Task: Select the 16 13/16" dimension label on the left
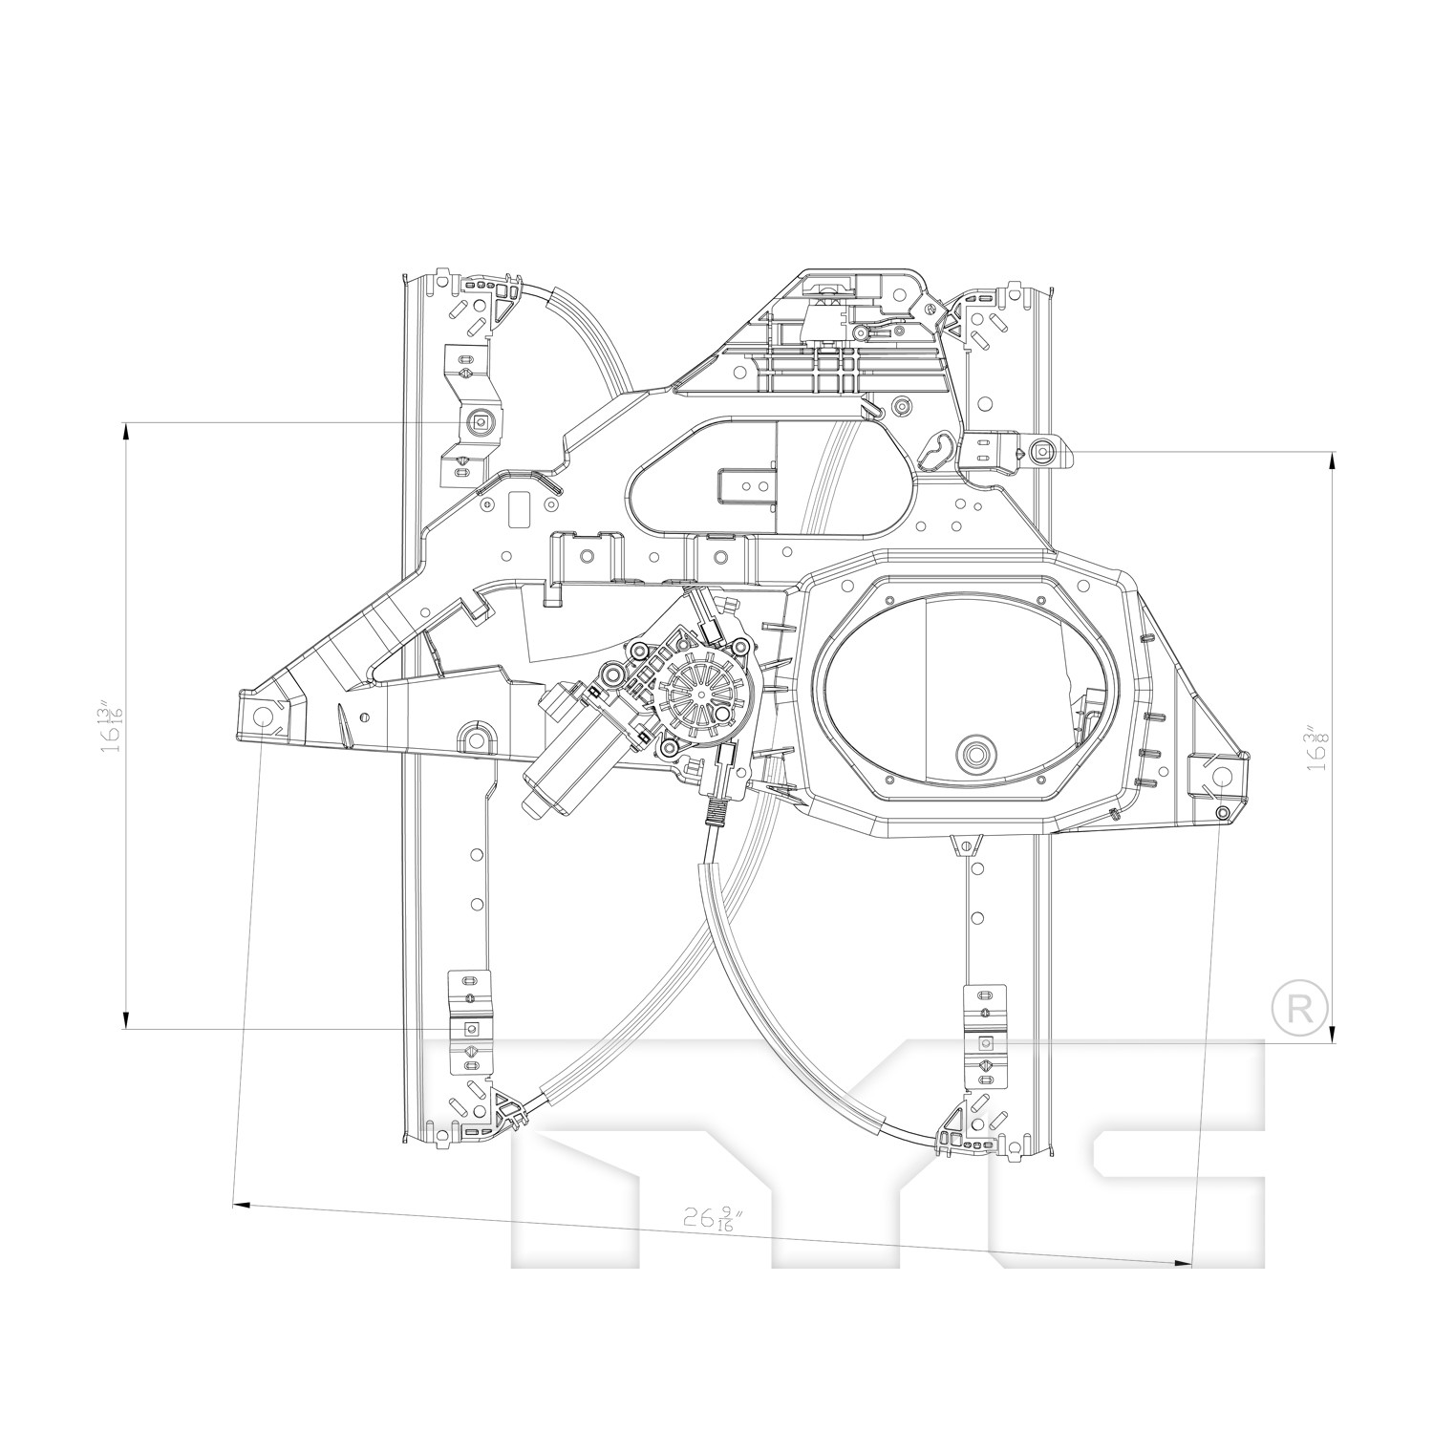(113, 727)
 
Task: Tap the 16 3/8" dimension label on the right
(1318, 748)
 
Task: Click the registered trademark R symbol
(1300, 1009)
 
